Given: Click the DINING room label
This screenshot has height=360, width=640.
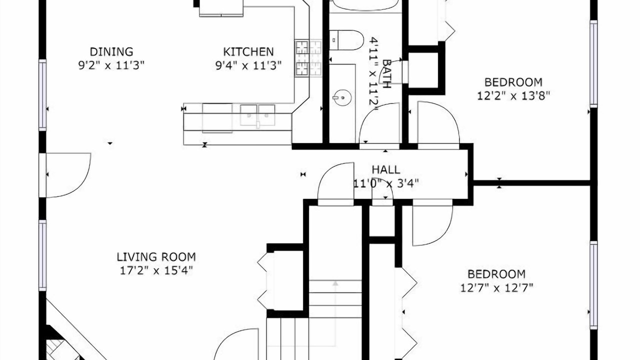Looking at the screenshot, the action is coord(111,51).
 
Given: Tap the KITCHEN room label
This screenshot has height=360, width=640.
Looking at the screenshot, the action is coord(248,51).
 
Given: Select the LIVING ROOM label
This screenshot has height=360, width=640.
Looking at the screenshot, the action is coord(156,257).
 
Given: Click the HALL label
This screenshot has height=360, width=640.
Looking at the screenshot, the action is coord(385,169).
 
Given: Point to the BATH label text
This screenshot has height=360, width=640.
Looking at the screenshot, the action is coord(386,73).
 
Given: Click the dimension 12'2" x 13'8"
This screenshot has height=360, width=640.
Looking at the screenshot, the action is coord(513,96).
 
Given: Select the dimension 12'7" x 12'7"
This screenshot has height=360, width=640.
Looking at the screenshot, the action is coord(496,287).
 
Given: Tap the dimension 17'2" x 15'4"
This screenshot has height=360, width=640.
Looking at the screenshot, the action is coord(156,270).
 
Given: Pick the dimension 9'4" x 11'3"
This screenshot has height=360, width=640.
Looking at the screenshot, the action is coord(248,65).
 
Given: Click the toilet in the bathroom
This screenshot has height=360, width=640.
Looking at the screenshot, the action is coord(346,40).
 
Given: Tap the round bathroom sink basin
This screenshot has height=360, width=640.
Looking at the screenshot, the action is coord(342,97).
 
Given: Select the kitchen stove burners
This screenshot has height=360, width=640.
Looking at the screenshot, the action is coord(308,58).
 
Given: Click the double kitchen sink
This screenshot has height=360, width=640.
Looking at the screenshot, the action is coord(257,115).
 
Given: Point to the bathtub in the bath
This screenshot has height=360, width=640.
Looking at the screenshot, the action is coord(365,5).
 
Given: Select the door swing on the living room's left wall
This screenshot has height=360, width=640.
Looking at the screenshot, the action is coord(68,175).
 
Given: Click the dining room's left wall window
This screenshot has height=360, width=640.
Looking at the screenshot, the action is coord(42,95).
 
